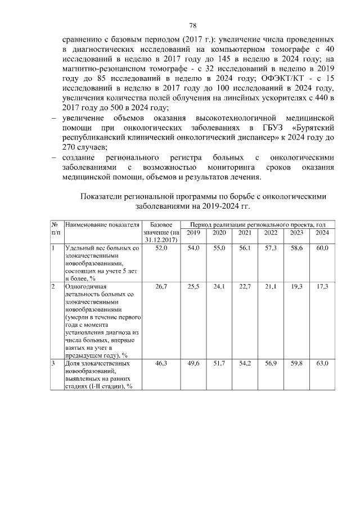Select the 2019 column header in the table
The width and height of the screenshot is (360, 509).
tap(193, 233)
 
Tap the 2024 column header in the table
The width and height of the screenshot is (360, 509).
tap(322, 233)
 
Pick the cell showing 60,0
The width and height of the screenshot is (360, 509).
tap(322, 248)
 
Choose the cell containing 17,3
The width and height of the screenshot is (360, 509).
tap(322, 286)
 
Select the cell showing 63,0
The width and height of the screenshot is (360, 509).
tap(322, 364)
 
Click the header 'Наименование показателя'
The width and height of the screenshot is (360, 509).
tap(102, 225)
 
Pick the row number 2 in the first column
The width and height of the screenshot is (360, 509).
tap(53, 286)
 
